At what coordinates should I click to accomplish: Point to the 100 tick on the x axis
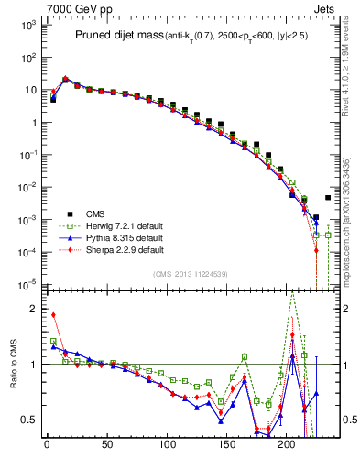click(167, 447)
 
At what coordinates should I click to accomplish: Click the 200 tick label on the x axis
click(287, 447)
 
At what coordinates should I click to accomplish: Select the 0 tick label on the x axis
click(47, 447)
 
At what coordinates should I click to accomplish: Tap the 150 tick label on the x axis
click(226, 447)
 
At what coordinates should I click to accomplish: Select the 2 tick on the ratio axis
click(33, 309)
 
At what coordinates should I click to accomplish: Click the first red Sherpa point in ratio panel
click(53, 315)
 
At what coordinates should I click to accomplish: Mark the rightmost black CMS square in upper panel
click(328, 197)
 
